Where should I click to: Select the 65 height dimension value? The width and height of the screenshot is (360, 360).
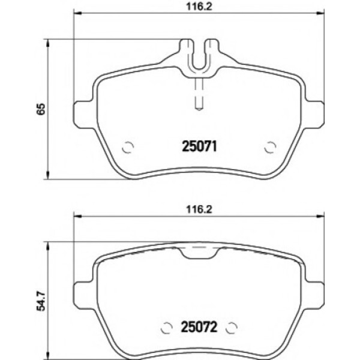[40, 109]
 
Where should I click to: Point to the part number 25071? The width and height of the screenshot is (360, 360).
[199, 146]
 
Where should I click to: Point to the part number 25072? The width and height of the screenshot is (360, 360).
[199, 328]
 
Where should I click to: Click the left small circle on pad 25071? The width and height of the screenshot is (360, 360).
[127, 146]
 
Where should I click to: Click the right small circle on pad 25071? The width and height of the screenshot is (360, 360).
[270, 146]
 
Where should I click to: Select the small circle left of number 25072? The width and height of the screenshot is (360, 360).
[167, 328]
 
